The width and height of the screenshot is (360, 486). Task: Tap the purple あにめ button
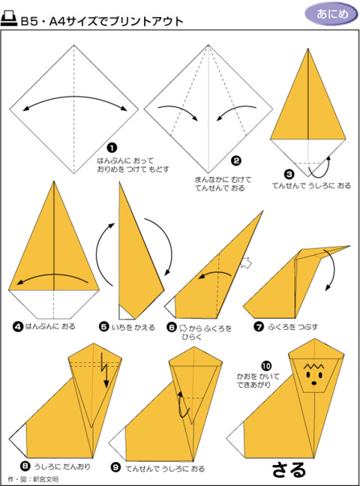pyautogui.click(x=331, y=13)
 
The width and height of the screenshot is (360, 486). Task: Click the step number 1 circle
pyautogui.click(x=112, y=148)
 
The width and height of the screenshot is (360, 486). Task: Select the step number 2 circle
pyautogui.click(x=236, y=160)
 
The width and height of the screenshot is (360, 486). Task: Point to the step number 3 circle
pyautogui.click(x=289, y=174)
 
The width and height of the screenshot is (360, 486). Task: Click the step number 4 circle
pyautogui.click(x=18, y=326)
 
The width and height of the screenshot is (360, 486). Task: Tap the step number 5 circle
pyautogui.click(x=104, y=327)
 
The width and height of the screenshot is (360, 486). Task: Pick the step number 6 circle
pyautogui.click(x=172, y=327)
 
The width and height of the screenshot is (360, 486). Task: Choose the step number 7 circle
pyautogui.click(x=259, y=326)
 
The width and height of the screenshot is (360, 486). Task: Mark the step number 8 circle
pyautogui.click(x=25, y=466)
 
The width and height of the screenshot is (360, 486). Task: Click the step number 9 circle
pyautogui.click(x=115, y=467)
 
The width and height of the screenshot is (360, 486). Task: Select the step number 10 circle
pyautogui.click(x=266, y=366)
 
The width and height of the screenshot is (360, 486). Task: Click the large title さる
pyautogui.click(x=289, y=470)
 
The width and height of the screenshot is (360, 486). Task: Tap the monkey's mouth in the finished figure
pyautogui.click(x=314, y=383)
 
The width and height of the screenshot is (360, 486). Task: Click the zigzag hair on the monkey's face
pyautogui.click(x=314, y=367)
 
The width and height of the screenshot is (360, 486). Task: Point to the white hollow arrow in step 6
pyautogui.click(x=246, y=262)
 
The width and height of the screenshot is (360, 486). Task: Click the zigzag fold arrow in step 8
pyautogui.click(x=104, y=370)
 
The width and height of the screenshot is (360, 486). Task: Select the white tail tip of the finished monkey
pyautogui.click(x=235, y=439)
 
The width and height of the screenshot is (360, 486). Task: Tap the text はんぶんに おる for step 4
pyautogui.click(x=50, y=326)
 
